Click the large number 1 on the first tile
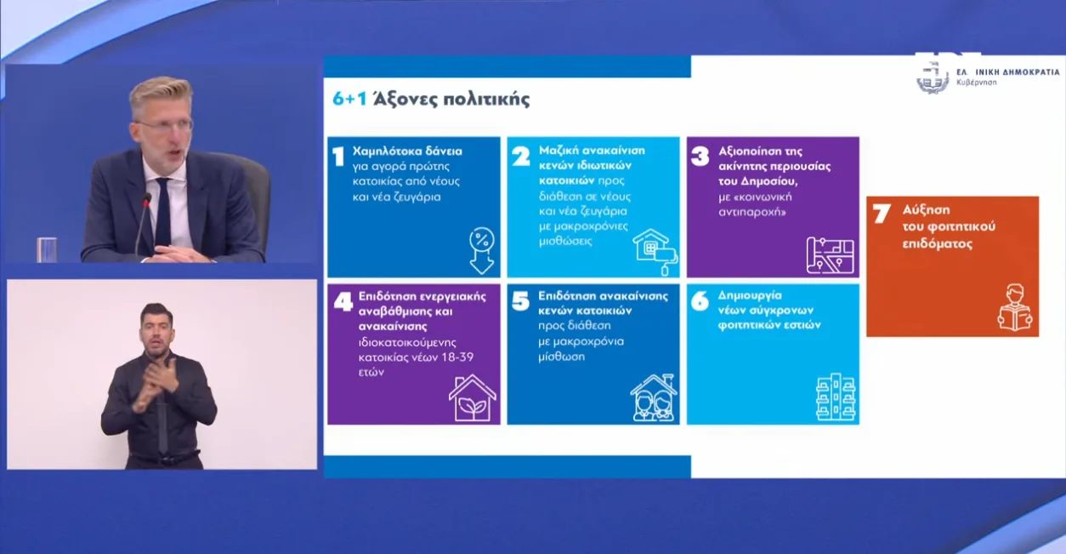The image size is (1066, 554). pos(338,157)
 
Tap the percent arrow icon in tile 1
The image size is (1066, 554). pos(482,250)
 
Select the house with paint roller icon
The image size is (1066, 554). pos(655,252)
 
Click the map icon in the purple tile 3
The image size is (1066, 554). pos(830,255)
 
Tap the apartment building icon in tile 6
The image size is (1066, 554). pos(835,397)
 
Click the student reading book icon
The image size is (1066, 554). pos(1015,307)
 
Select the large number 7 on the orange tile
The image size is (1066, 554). pos(882,214)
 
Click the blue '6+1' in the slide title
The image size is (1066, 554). pos(349,99)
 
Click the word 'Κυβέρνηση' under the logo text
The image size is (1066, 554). pos(977,83)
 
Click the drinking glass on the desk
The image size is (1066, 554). pos(47,249)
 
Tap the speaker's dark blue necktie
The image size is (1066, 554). pos(162,213)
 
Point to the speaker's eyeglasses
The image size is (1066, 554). pos(165,125)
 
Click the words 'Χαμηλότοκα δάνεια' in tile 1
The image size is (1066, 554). pos(407,151)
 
